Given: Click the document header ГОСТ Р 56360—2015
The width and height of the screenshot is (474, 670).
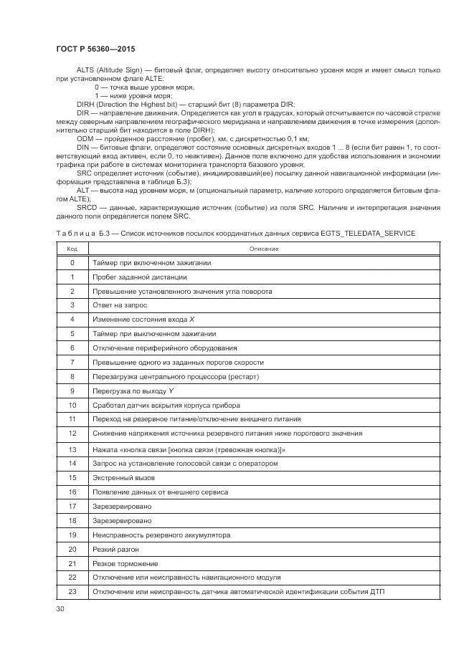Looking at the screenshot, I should (95, 49).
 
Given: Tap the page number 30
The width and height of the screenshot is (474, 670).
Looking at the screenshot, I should (60, 609).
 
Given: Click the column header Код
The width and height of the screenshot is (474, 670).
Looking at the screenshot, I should (72, 249).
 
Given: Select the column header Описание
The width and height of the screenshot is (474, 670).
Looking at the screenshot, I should (264, 249).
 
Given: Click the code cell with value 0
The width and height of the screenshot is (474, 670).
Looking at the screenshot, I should (72, 262).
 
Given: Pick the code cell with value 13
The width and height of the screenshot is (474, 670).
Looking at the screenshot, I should (72, 449).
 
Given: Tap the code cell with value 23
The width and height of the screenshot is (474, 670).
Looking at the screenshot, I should (72, 591).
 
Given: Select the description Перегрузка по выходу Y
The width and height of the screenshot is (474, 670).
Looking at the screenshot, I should (133, 391).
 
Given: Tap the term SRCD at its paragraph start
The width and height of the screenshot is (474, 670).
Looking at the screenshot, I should (87, 207).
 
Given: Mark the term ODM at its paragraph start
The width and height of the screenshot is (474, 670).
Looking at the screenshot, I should (85, 138).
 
